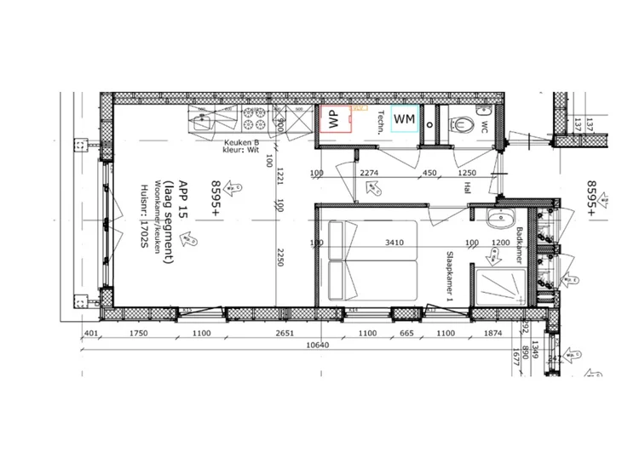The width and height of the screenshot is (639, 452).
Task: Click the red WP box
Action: click(334, 119)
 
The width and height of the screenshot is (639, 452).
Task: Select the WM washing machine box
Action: click(405, 119)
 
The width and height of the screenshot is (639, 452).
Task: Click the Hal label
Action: click(468, 188)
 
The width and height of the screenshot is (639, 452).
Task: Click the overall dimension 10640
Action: click(317, 346)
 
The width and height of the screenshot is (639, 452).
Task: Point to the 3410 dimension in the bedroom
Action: click(394, 243)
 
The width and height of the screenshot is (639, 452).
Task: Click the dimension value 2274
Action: click(369, 174)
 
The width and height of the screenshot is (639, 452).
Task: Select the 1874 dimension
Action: click(492, 334)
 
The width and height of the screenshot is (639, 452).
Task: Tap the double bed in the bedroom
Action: click(372, 260)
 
